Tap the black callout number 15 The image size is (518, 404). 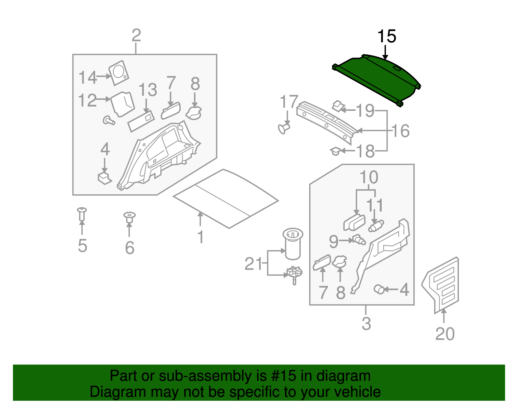387,37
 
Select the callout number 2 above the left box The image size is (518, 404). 136,35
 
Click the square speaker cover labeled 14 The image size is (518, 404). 118,73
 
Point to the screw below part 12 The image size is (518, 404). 109,121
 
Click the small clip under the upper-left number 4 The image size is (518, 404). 104,178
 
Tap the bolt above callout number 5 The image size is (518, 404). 82,214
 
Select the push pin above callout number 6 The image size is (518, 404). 129,217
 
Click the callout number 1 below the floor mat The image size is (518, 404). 200,237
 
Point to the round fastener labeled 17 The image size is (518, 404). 284,128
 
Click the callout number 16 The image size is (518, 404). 401,131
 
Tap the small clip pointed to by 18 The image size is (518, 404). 335,151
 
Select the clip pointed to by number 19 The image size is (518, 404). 338,105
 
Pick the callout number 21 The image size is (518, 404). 253,264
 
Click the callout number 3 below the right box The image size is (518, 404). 366,323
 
